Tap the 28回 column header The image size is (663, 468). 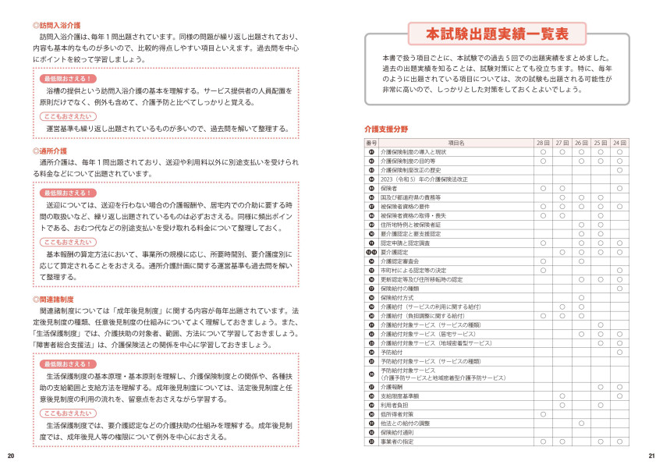point(543,144)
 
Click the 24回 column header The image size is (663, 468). point(619,144)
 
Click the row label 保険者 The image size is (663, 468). point(389,188)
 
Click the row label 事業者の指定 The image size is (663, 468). point(395,441)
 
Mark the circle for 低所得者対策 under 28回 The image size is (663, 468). point(543,414)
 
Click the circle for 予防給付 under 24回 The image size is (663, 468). point(619,352)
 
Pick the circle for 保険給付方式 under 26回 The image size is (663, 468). point(581,297)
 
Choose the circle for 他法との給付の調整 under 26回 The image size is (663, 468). point(581,424)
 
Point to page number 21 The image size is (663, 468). point(651,456)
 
